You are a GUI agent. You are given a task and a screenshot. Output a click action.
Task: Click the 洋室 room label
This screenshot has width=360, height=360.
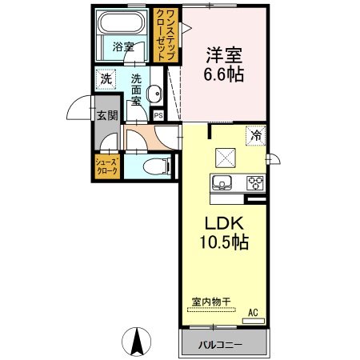pyautogui.click(x=225, y=56)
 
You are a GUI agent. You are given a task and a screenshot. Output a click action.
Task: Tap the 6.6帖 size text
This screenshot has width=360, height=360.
pyautogui.click(x=225, y=76)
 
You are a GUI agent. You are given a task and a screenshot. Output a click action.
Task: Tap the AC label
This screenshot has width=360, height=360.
pyautogui.click(x=253, y=312)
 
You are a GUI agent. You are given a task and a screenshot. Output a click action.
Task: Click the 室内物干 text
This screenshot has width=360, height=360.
pyautogui.click(x=210, y=302)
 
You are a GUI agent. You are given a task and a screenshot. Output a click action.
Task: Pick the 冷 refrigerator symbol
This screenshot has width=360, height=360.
pyautogui.click(x=255, y=136)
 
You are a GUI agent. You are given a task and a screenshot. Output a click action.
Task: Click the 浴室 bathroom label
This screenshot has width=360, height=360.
pyautogui.click(x=122, y=47)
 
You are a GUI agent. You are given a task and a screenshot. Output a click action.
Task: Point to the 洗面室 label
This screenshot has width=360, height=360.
pyautogui.click(x=137, y=90)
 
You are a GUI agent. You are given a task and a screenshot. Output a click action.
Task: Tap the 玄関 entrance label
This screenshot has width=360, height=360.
pyautogui.click(x=107, y=115)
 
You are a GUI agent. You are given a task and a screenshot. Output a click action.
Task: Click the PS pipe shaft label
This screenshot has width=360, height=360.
pyautogui.click(x=158, y=115)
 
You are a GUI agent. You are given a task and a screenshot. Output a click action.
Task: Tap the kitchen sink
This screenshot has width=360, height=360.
pyautogui.click(x=222, y=180)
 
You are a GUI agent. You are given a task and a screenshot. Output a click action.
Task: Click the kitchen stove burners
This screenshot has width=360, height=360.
pyautogui.click(x=255, y=181)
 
